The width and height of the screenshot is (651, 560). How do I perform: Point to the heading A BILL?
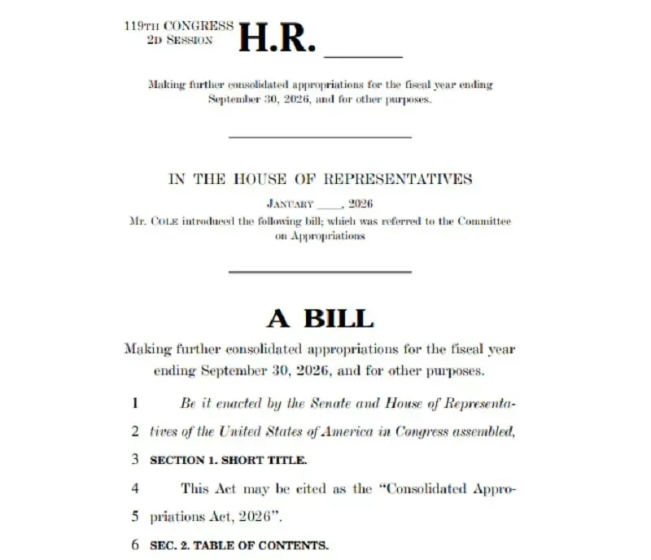click(x=320, y=317)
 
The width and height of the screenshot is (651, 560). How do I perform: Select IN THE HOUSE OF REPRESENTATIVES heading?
click(x=320, y=179)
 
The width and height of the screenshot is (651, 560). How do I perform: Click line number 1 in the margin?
click(x=135, y=402)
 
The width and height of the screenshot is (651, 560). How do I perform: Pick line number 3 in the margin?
click(x=135, y=460)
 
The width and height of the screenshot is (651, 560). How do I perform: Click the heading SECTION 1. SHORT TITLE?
click(x=229, y=460)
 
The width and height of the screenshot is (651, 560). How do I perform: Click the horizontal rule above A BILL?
click(x=320, y=272)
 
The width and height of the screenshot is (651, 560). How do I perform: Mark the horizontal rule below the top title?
click(x=320, y=136)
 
